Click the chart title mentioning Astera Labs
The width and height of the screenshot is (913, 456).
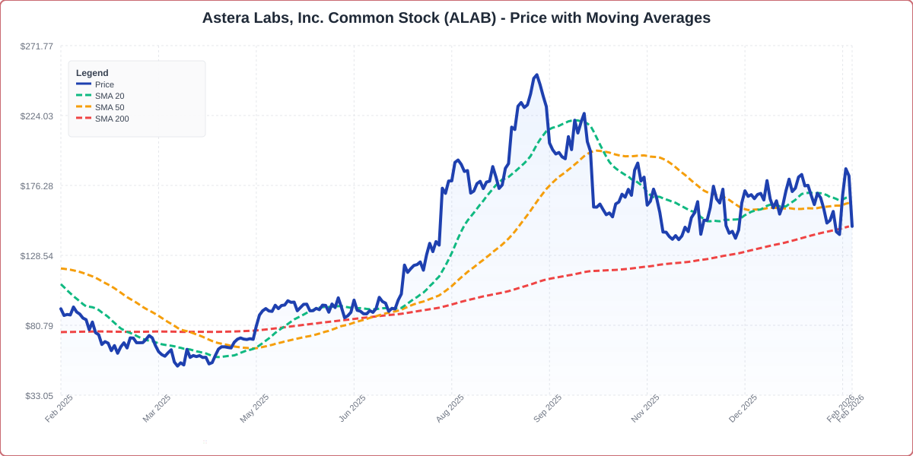pyautogui.click(x=456, y=17)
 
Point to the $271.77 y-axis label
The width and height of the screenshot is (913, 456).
pyautogui.click(x=37, y=46)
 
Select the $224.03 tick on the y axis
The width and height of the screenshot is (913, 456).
pyautogui.click(x=37, y=116)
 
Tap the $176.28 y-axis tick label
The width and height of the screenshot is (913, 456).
pyautogui.click(x=37, y=186)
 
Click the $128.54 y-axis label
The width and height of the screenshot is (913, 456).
pyautogui.click(x=37, y=256)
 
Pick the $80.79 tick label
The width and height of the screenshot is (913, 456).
pyautogui.click(x=39, y=326)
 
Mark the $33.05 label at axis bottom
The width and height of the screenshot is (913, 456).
pyautogui.click(x=39, y=396)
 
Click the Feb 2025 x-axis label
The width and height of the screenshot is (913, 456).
pyautogui.click(x=59, y=408)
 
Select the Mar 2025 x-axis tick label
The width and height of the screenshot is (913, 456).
pyautogui.click(x=157, y=408)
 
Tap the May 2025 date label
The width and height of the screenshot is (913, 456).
pyautogui.click(x=254, y=408)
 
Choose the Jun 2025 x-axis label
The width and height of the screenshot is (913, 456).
pyautogui.click(x=352, y=408)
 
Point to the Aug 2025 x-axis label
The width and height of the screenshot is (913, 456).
pyautogui.click(x=450, y=408)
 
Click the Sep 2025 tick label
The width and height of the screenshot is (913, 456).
pyautogui.click(x=547, y=408)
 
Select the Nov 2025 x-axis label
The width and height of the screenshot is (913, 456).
pyautogui.click(x=645, y=408)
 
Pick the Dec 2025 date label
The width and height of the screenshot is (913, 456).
pyautogui.click(x=743, y=408)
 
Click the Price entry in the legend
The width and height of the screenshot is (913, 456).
pyautogui.click(x=104, y=84)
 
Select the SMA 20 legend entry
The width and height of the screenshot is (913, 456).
pyautogui.click(x=109, y=96)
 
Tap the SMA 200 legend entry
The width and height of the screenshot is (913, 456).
pyautogui.click(x=111, y=119)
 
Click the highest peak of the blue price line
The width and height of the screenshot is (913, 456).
pyautogui.click(x=536, y=75)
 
